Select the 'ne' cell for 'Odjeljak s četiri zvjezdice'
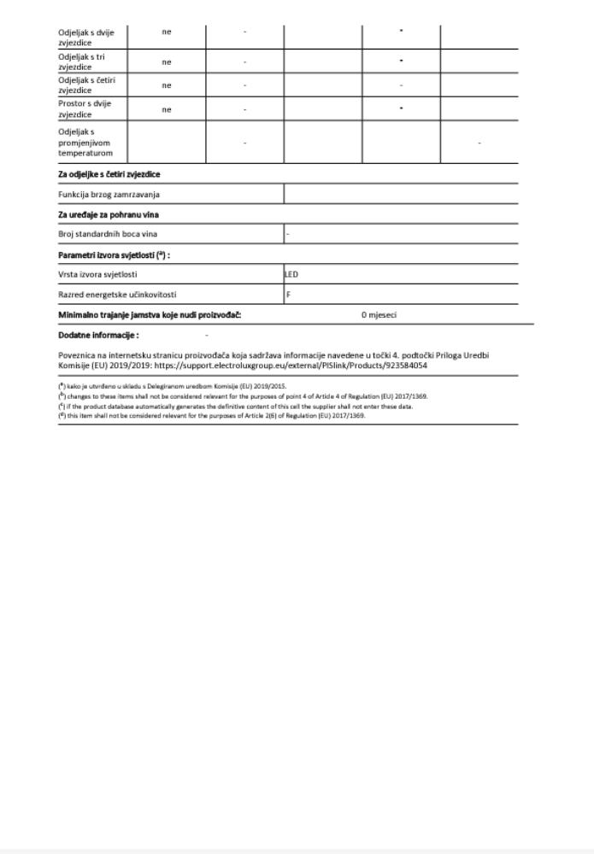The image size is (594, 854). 167,85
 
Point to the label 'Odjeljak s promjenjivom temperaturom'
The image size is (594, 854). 86,143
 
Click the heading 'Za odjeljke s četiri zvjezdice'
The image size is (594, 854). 109,174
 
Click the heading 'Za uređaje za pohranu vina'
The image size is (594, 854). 108,214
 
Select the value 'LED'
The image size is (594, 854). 292,275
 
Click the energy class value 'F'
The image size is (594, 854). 288,295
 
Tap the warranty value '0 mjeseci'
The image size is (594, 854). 379,315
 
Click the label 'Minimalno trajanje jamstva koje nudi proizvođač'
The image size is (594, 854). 150,315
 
